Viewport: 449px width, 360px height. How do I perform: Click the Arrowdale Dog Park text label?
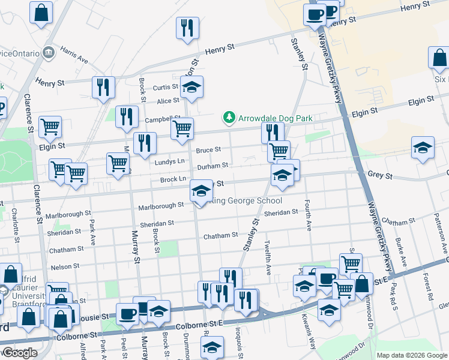pos(275,118)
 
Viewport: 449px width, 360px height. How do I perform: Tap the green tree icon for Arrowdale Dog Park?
pos(229,118)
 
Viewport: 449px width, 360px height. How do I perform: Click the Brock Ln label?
pos(173,179)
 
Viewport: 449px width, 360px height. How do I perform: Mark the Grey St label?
pos(379,176)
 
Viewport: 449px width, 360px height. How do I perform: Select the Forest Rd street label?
pos(427,287)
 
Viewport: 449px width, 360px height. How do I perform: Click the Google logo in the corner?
pos(19,353)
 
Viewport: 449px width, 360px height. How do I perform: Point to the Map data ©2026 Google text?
pos(411,355)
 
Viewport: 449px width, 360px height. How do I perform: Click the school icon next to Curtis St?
pos(191,88)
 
